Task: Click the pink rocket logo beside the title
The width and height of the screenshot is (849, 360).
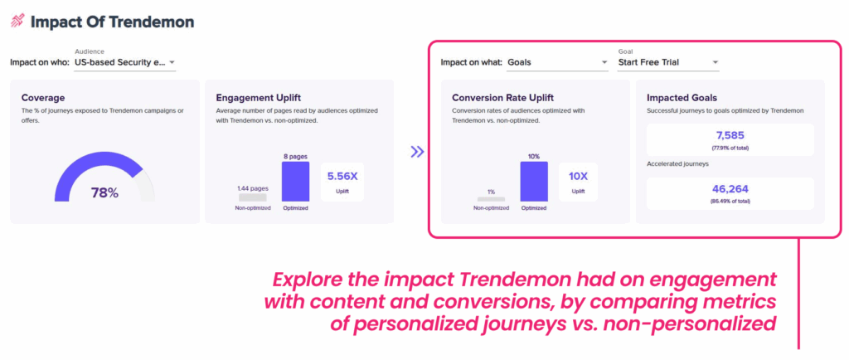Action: [17, 21]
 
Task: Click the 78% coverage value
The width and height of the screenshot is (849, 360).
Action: [104, 192]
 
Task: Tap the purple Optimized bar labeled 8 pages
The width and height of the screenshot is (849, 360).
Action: [296, 182]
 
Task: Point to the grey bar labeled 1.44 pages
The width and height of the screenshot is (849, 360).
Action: [252, 197]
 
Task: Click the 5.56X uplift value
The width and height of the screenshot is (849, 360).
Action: [342, 177]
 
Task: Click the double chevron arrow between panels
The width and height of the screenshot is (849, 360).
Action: [417, 152]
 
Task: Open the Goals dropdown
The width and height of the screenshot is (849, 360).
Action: [557, 62]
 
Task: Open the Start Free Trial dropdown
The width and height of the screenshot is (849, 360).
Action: [669, 62]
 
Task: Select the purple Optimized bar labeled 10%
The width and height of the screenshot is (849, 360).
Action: [534, 182]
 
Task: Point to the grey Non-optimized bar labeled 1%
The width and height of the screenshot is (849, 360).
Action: [491, 199]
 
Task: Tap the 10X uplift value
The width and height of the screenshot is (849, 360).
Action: [578, 177]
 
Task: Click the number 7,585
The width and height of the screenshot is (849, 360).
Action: [730, 136]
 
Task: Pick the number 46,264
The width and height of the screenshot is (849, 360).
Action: [730, 190]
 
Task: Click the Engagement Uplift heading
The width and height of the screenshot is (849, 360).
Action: [259, 98]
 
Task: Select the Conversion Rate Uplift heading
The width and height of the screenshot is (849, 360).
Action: [502, 98]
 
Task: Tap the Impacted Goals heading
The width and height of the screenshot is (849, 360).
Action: [682, 98]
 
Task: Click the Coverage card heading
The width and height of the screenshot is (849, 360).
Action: [43, 98]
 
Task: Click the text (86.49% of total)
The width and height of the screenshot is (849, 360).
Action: [730, 202]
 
